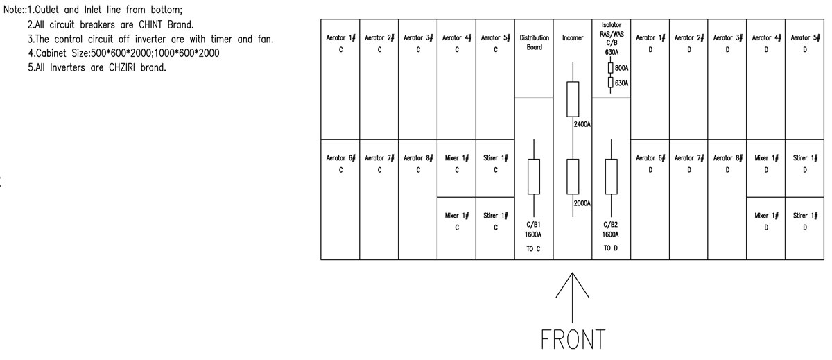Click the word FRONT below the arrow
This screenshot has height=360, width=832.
pyautogui.click(x=573, y=339)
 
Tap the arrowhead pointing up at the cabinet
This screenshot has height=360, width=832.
pyautogui.click(x=573, y=284)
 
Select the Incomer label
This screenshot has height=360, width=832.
pyautogui.click(x=573, y=38)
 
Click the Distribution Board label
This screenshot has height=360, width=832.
pyautogui.click(x=534, y=42)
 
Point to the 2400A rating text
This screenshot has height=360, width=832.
pyautogui.click(x=582, y=124)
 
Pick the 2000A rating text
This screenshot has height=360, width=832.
pyautogui.click(x=582, y=203)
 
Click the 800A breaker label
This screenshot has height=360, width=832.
pyautogui.click(x=621, y=68)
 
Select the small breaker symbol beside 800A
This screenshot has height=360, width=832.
pyautogui.click(x=610, y=67)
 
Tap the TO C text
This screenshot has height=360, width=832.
pyautogui.click(x=533, y=248)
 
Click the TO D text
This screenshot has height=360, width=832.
pyautogui.click(x=611, y=248)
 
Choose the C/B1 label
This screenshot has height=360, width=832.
pyautogui.click(x=533, y=225)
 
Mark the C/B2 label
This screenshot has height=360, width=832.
pyautogui.click(x=611, y=225)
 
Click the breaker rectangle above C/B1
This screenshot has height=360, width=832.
pyautogui.click(x=534, y=176)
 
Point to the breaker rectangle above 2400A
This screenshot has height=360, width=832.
pyautogui.click(x=573, y=99)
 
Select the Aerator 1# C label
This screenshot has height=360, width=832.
pyautogui.click(x=340, y=44)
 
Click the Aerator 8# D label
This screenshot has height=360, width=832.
pyautogui.click(x=727, y=164)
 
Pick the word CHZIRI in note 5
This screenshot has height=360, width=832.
pyautogui.click(x=122, y=67)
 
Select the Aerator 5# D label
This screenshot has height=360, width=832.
pyautogui.click(x=805, y=44)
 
